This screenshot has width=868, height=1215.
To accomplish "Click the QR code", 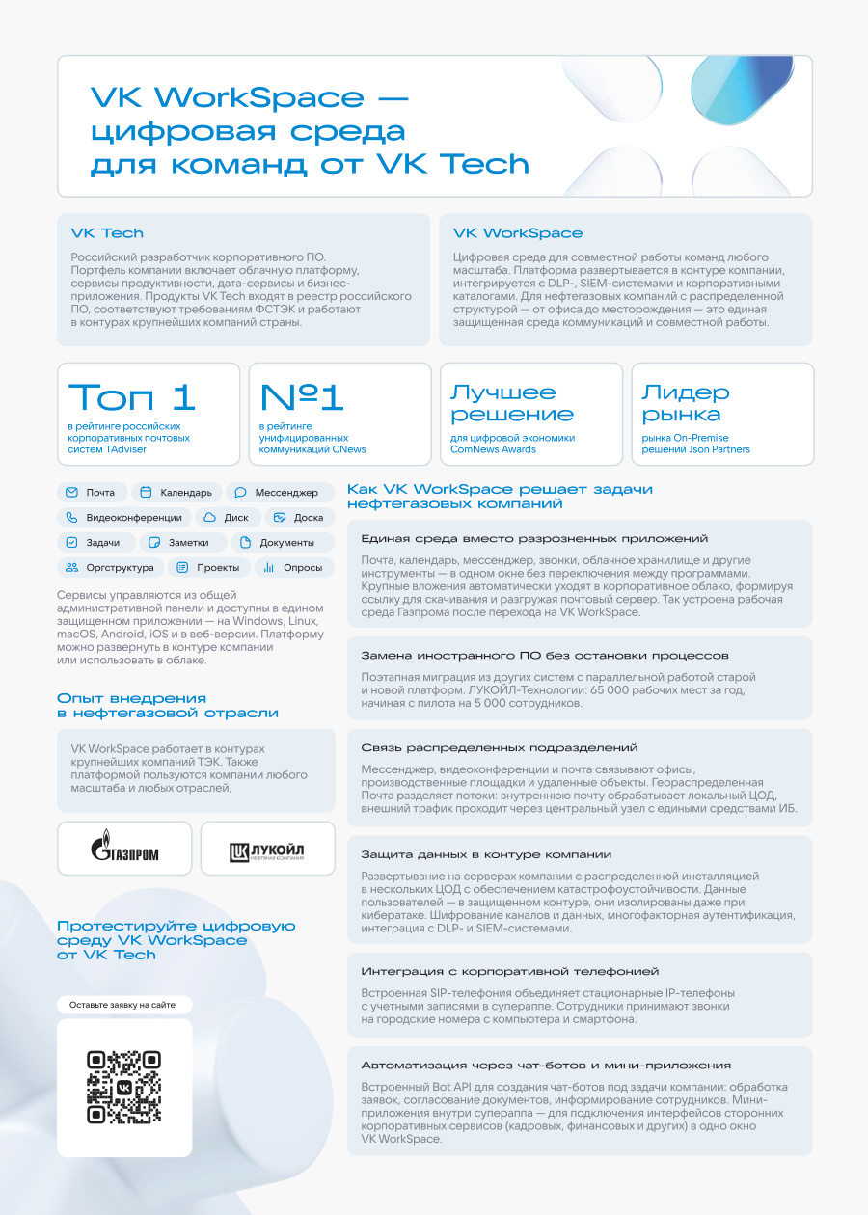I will [x=123, y=1087].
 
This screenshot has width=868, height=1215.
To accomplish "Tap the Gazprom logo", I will [x=124, y=849].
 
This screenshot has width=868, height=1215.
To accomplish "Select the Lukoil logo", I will [x=267, y=849].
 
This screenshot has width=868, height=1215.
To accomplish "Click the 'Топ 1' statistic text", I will [x=132, y=397].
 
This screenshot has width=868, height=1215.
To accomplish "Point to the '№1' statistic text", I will [x=302, y=397].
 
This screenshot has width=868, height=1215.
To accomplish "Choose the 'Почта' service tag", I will [x=90, y=492].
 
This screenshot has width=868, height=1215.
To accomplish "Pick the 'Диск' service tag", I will [x=227, y=517].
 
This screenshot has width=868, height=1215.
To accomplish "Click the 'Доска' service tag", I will [x=299, y=517].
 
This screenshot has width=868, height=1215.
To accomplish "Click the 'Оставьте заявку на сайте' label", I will [x=123, y=1005].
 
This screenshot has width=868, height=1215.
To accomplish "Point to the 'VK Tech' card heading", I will [x=107, y=233].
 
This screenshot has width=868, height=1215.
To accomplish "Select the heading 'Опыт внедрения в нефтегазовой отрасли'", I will [x=168, y=706].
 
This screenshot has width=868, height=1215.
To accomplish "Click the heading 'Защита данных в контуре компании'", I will [x=486, y=854].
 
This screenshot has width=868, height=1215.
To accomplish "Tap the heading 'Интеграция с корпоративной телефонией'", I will [x=510, y=971].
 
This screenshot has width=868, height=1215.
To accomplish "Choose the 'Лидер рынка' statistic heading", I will [x=686, y=403].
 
